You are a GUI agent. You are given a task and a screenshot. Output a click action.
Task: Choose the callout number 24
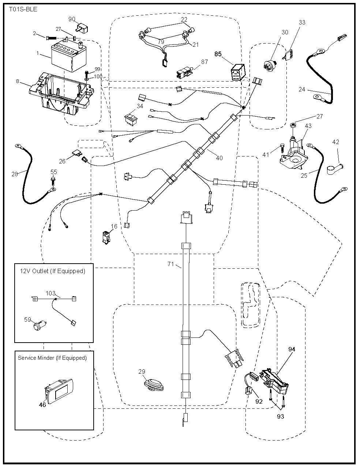coord(301,89)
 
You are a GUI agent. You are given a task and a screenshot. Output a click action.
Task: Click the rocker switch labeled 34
coord(131,118)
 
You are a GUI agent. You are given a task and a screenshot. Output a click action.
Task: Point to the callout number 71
coord(171,264)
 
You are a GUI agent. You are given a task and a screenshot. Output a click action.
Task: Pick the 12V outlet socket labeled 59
coord(38,325)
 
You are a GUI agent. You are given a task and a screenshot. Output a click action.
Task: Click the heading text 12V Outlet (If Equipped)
coord(52,271)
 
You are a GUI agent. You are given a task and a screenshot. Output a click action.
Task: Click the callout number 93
coord(280,416)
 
